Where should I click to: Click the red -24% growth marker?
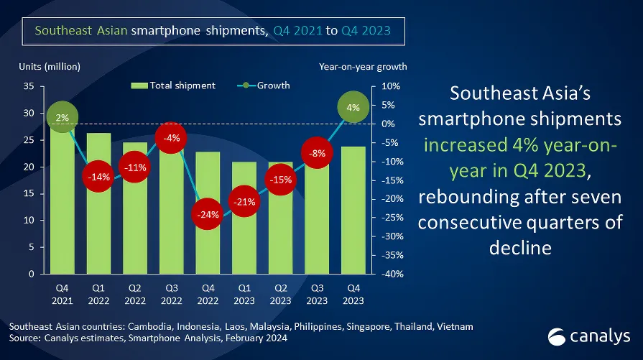[208, 213]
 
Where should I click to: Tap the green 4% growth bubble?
[353, 108]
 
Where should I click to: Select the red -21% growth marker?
[244, 201]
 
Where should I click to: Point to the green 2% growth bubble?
[63, 117]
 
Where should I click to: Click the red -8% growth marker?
[316, 153]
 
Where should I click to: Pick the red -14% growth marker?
[99, 176]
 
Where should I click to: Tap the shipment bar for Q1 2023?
[244, 244]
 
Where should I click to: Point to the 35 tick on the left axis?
[29, 86]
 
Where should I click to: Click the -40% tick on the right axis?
[391, 274]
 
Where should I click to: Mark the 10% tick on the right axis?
[389, 86]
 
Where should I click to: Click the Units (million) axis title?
[50, 67]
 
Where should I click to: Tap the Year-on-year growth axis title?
[363, 67]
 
